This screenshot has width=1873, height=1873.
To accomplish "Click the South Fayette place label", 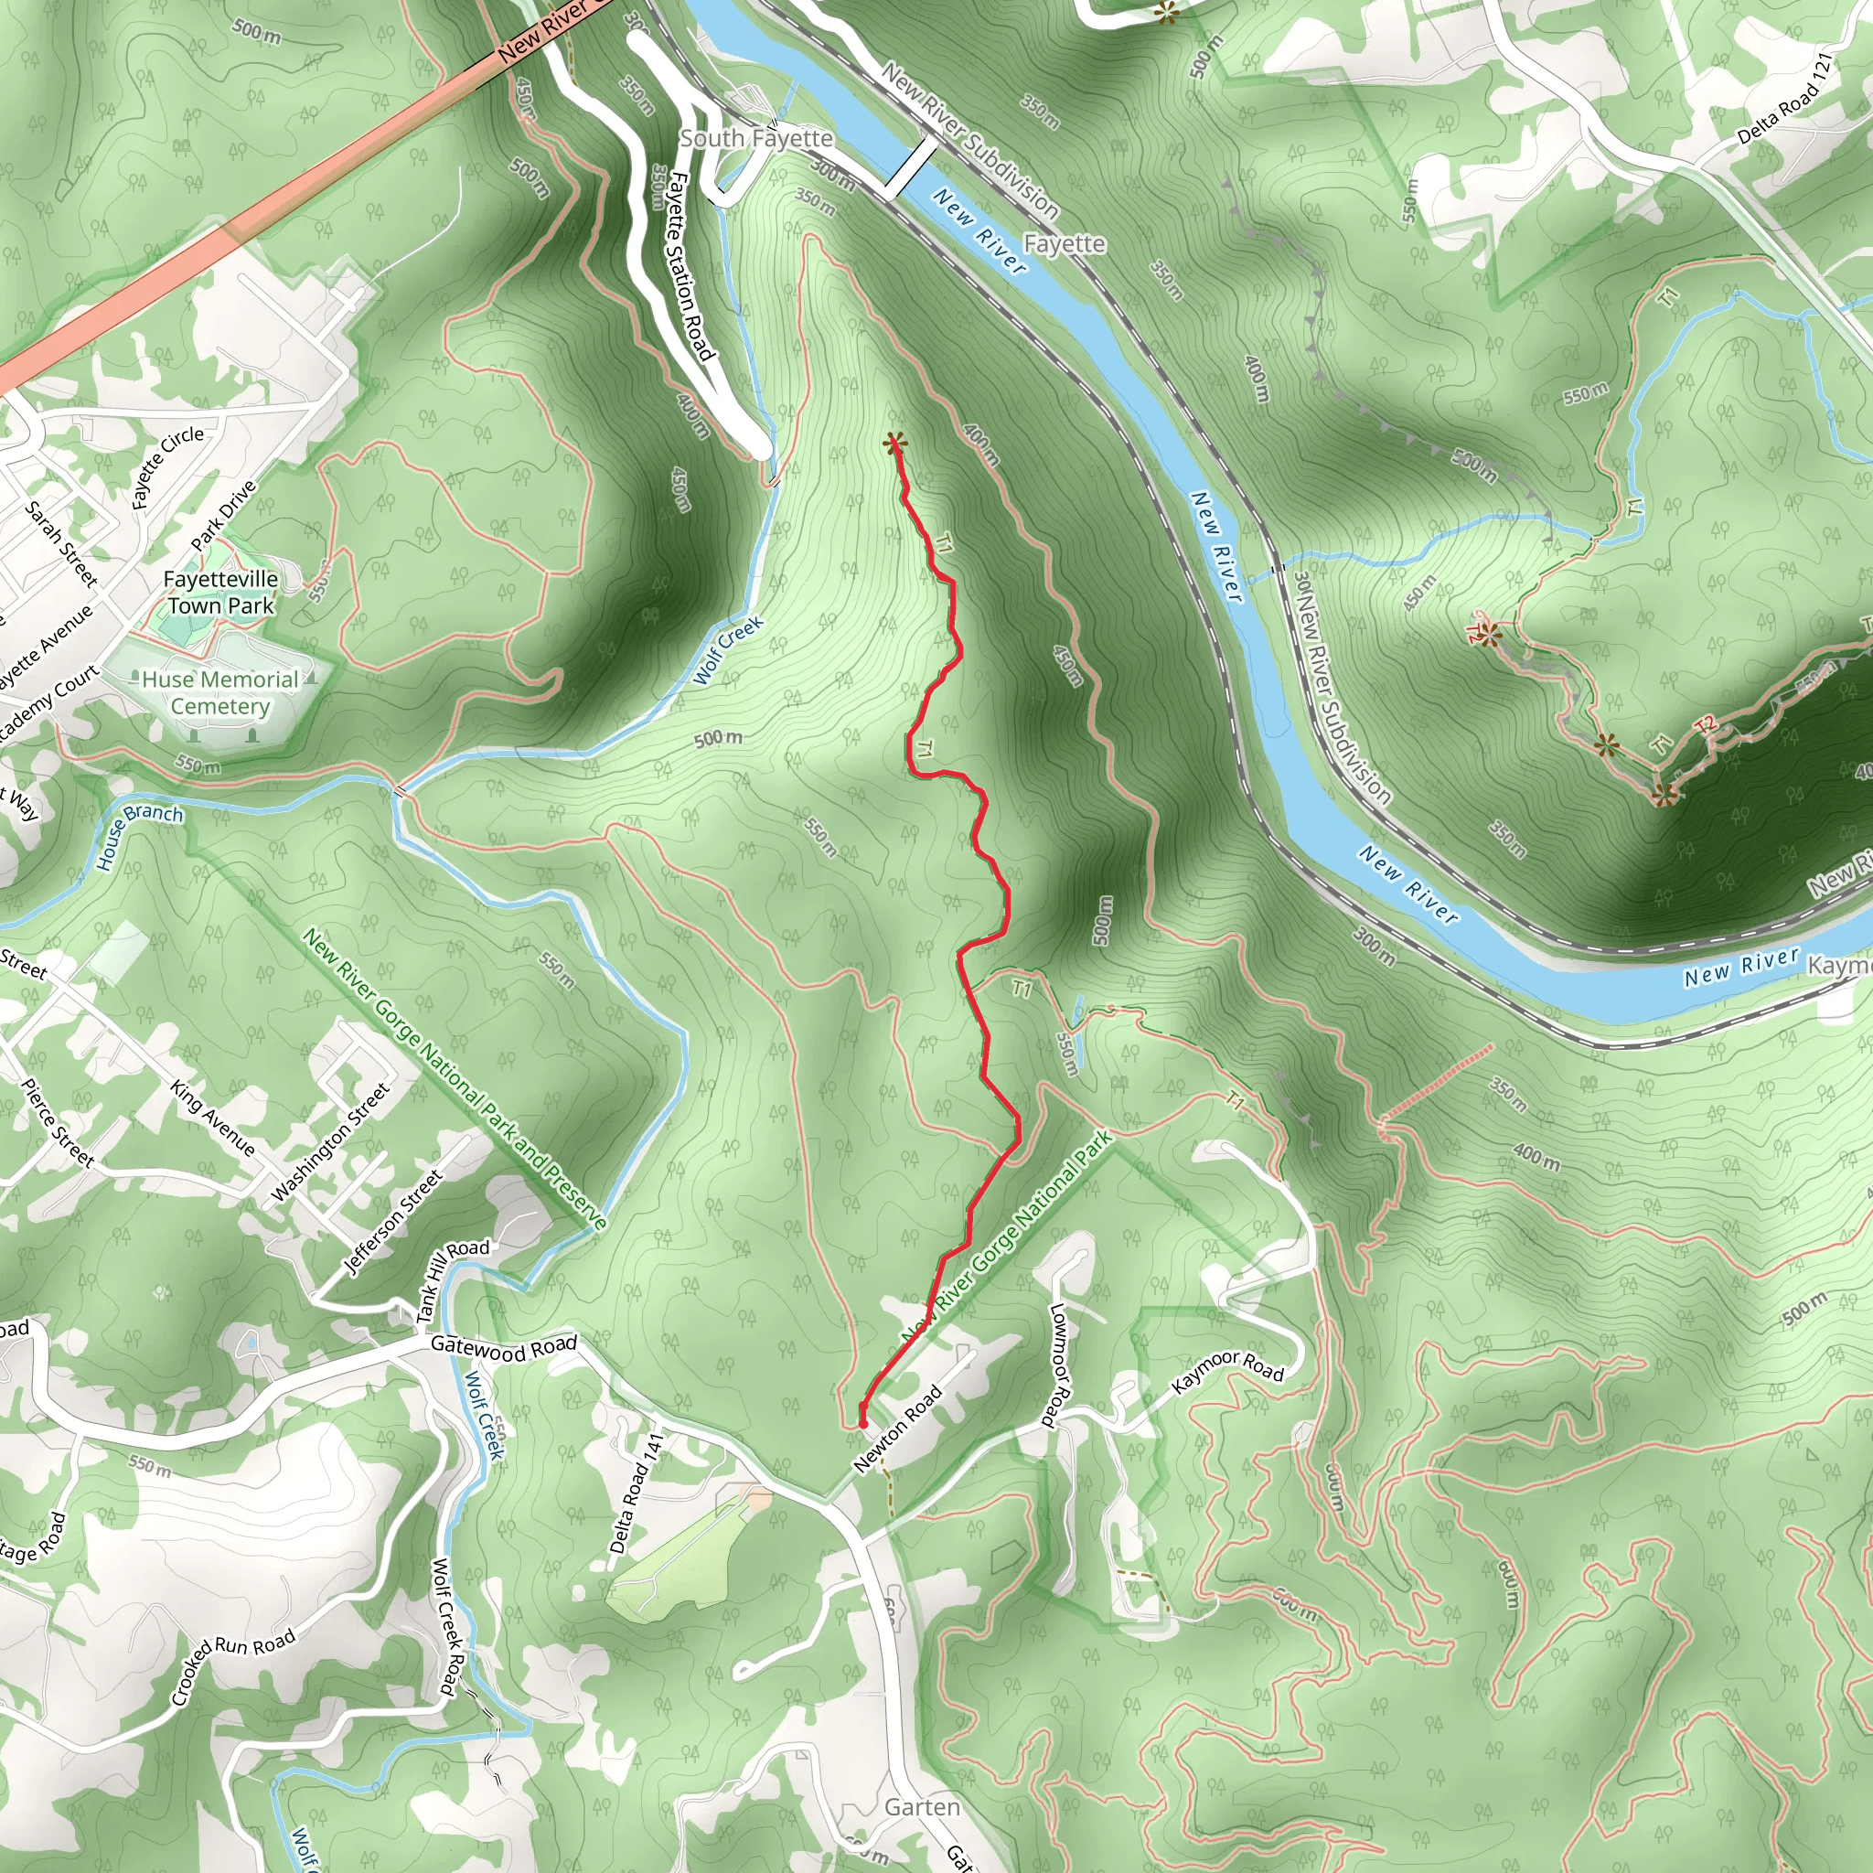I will click(x=755, y=139).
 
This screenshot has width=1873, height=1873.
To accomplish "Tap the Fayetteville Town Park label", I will click(x=221, y=593).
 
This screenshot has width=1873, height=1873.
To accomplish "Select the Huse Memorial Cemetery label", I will click(x=220, y=692).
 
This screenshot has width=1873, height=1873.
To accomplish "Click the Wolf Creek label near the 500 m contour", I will click(x=729, y=649).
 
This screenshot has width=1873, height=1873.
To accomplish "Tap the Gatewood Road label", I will click(x=503, y=1346).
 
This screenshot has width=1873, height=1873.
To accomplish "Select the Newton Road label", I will click(x=898, y=1430).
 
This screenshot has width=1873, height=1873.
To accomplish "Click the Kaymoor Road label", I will click(x=1227, y=1370).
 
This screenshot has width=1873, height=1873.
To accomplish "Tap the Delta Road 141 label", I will click(x=635, y=1493).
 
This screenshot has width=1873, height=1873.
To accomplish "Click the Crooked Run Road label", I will click(x=232, y=1666).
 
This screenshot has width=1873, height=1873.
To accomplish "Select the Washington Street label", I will click(x=330, y=1142).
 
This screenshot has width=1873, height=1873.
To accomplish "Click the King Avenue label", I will click(x=213, y=1118).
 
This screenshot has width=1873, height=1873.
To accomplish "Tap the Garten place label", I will click(x=922, y=1807).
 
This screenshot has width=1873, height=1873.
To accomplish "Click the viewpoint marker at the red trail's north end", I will click(x=894, y=445).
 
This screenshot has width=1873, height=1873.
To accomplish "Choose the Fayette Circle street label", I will click(x=166, y=466).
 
